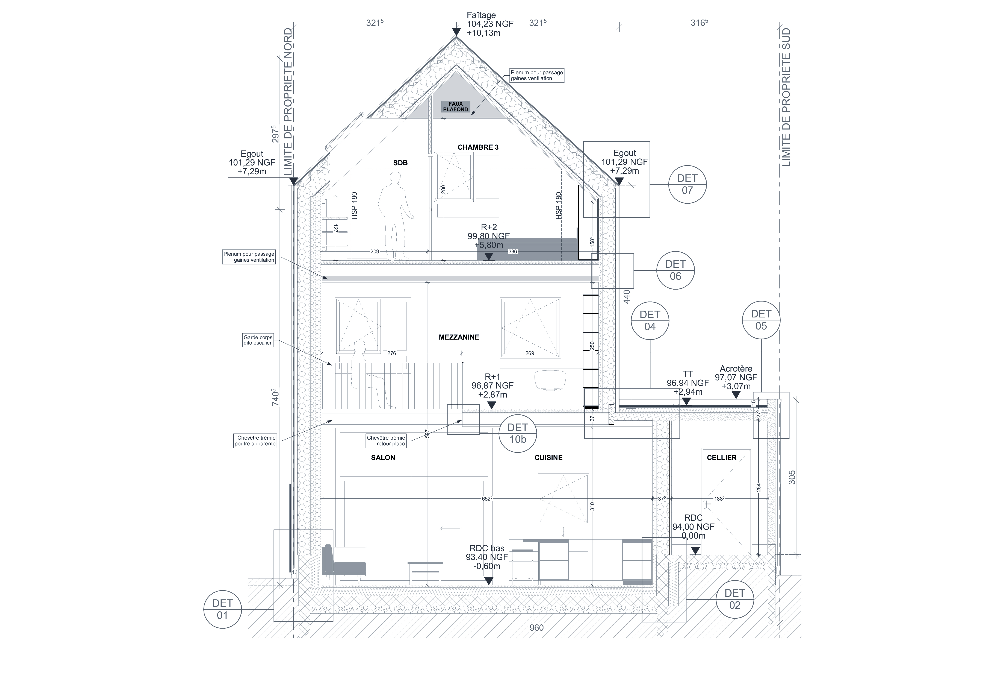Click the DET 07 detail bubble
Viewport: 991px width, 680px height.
687,184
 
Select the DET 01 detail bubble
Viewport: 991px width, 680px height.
223,609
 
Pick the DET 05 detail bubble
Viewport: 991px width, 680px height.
761,320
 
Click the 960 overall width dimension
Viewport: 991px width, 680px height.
536,628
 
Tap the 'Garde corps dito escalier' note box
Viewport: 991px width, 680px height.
258,340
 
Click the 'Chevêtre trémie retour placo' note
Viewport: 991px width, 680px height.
386,441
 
